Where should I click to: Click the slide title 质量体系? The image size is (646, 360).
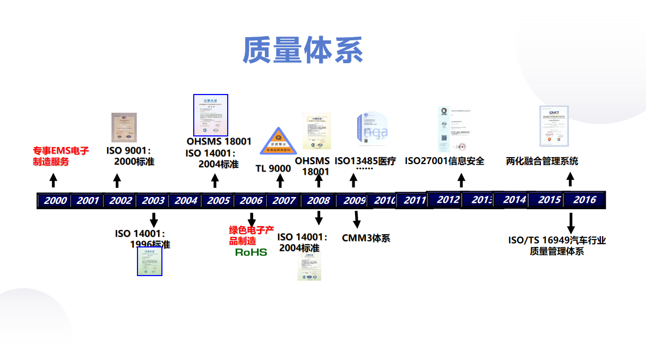pyautogui.click(x=303, y=51)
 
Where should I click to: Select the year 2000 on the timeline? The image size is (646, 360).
pyautogui.click(x=55, y=201)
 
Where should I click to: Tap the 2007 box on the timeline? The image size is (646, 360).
pyautogui.click(x=284, y=201)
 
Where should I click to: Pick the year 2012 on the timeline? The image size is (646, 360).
pyautogui.click(x=448, y=200)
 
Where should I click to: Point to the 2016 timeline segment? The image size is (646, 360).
pyautogui.click(x=584, y=200)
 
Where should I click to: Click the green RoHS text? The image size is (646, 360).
pyautogui.click(x=251, y=252)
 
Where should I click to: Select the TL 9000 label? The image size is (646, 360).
pyautogui.click(x=273, y=169)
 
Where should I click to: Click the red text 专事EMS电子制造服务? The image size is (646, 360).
pyautogui.click(x=61, y=156)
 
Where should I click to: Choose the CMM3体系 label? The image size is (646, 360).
pyautogui.click(x=366, y=238)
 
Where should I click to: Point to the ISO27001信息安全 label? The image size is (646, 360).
pyautogui.click(x=444, y=161)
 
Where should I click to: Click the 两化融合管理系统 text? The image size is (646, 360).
pyautogui.click(x=542, y=161)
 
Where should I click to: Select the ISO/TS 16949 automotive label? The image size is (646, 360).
pyautogui.click(x=557, y=245)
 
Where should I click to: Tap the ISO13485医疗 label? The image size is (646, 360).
pyautogui.click(x=365, y=161)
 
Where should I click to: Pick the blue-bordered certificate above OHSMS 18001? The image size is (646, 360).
pyautogui.click(x=211, y=115)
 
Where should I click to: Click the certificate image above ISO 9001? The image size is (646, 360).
pyautogui.click(x=124, y=127)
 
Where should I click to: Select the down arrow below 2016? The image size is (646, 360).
pyautogui.click(x=571, y=221)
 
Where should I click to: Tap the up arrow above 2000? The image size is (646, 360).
pyautogui.click(x=53, y=180)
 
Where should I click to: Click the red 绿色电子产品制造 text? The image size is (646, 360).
pyautogui.click(x=251, y=235)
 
